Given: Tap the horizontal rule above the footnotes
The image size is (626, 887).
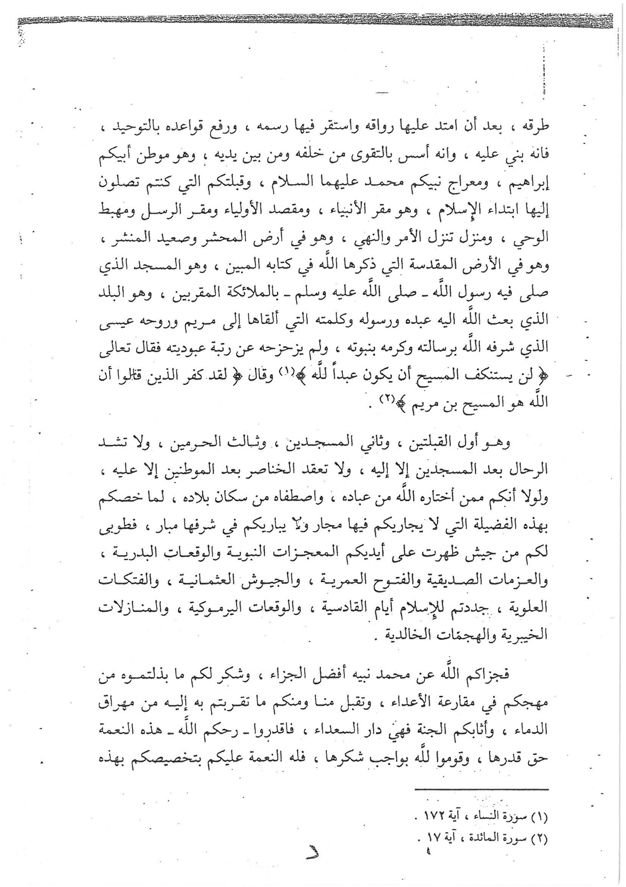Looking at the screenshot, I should [x=482, y=790].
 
